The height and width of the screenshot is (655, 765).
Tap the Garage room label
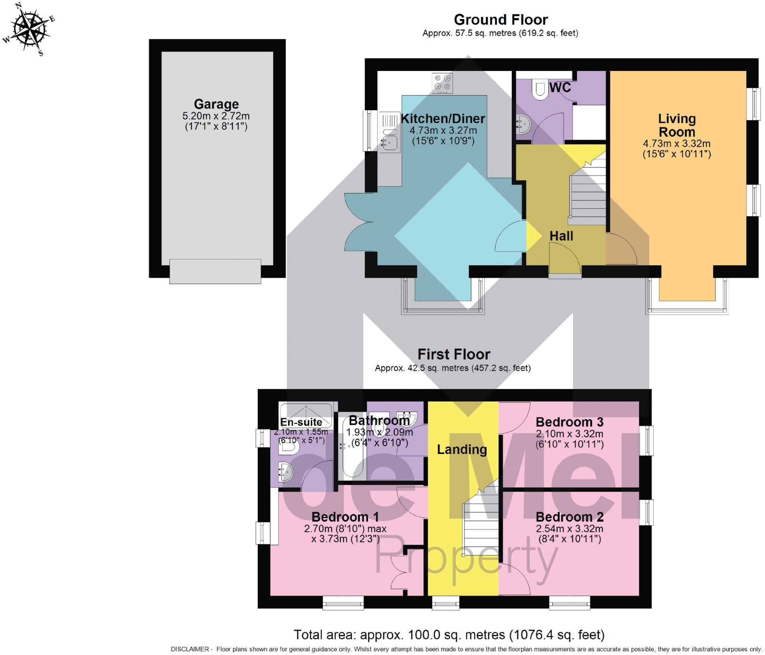click(216, 104)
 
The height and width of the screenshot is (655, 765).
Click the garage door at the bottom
click(215, 272)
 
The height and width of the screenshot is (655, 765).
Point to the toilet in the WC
click(540, 90)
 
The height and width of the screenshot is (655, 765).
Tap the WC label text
click(560, 87)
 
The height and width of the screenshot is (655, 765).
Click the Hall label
click(561, 236)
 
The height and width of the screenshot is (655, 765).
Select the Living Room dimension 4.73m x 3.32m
click(676, 143)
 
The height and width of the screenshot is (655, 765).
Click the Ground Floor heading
click(501, 19)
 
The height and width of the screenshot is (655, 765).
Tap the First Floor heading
click(453, 354)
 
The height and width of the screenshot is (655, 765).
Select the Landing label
click(462, 449)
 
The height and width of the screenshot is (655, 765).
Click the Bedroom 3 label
click(569, 422)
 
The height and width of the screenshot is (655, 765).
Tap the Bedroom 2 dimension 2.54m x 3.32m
click(569, 529)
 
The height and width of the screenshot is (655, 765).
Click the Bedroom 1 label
click(345, 517)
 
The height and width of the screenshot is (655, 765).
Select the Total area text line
click(449, 635)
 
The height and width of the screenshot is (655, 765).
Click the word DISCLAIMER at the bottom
click(190, 649)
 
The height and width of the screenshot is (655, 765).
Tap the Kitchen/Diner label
click(443, 118)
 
